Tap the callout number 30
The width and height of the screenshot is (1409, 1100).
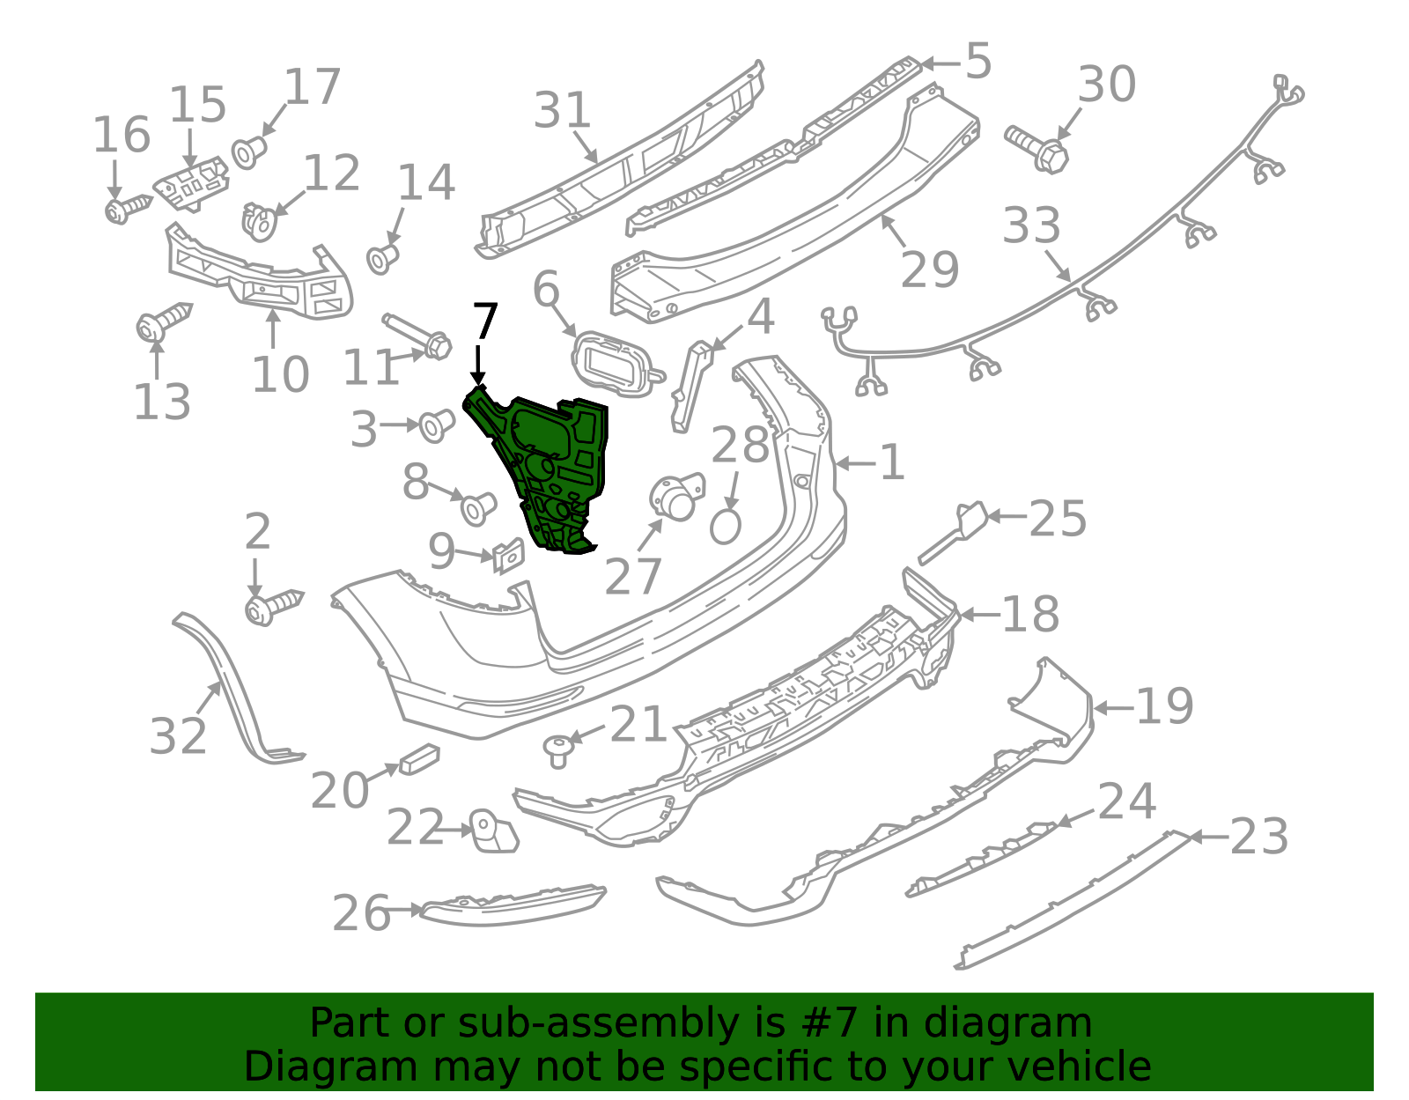pyautogui.click(x=1106, y=85)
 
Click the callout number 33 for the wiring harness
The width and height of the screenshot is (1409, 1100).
pyautogui.click(x=1031, y=225)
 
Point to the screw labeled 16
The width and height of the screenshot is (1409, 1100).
pyautogui.click(x=128, y=208)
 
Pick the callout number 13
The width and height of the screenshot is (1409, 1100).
pyautogui.click(x=161, y=402)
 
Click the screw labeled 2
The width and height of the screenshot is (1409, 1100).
pyautogui.click(x=273, y=606)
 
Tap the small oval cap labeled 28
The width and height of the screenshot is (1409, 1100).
pyautogui.click(x=725, y=527)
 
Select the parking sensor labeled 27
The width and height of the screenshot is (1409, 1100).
pyautogui.click(x=676, y=498)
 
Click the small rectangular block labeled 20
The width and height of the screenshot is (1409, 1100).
pyautogui.click(x=419, y=759)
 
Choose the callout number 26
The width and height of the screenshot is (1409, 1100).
pyautogui.click(x=360, y=913)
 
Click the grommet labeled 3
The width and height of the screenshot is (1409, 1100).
pyautogui.click(x=437, y=426)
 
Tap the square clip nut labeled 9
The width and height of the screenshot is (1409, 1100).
pyautogui.click(x=508, y=556)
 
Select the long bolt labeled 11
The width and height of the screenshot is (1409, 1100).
pyautogui.click(x=417, y=336)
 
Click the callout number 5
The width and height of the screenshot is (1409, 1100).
pyautogui.click(x=978, y=62)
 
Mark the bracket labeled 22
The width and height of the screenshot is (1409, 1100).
pyautogui.click(x=493, y=831)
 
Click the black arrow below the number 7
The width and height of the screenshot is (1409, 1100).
pyautogui.click(x=478, y=365)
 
